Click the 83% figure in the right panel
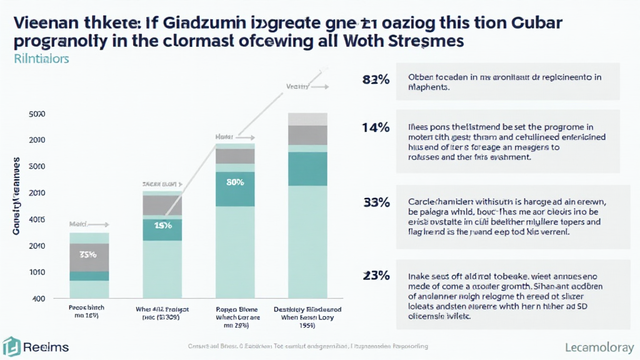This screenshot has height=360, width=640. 376,79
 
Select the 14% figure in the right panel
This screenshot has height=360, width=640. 376,127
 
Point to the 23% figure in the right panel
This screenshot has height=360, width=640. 376,275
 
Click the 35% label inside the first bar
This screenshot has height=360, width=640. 88,254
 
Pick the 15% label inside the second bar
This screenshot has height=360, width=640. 162,225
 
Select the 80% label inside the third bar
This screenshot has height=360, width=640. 234,182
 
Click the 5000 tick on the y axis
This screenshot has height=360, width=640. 37,114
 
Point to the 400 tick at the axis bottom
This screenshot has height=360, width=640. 38,299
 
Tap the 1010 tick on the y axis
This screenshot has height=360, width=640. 37,272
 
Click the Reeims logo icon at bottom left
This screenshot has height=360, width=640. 11,347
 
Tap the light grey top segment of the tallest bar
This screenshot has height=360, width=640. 307,119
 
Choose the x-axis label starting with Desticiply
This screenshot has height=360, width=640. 306,313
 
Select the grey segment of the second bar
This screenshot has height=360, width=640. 162,205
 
